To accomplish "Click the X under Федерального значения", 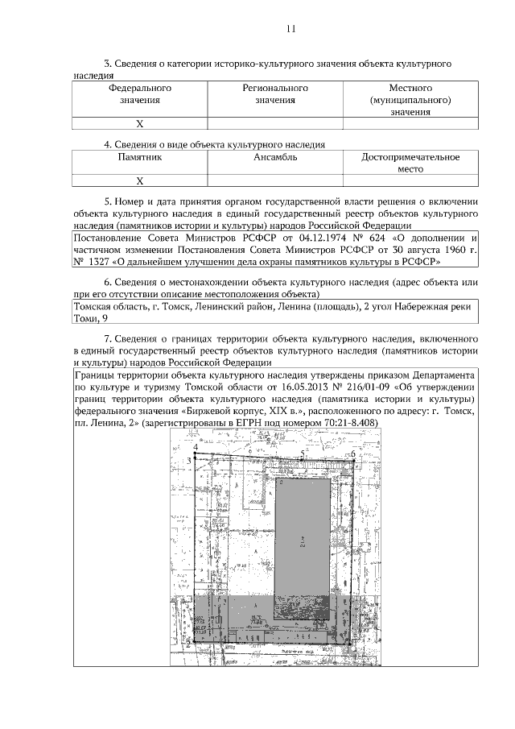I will coord(139,124).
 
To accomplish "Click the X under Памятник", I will coord(139,181).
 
